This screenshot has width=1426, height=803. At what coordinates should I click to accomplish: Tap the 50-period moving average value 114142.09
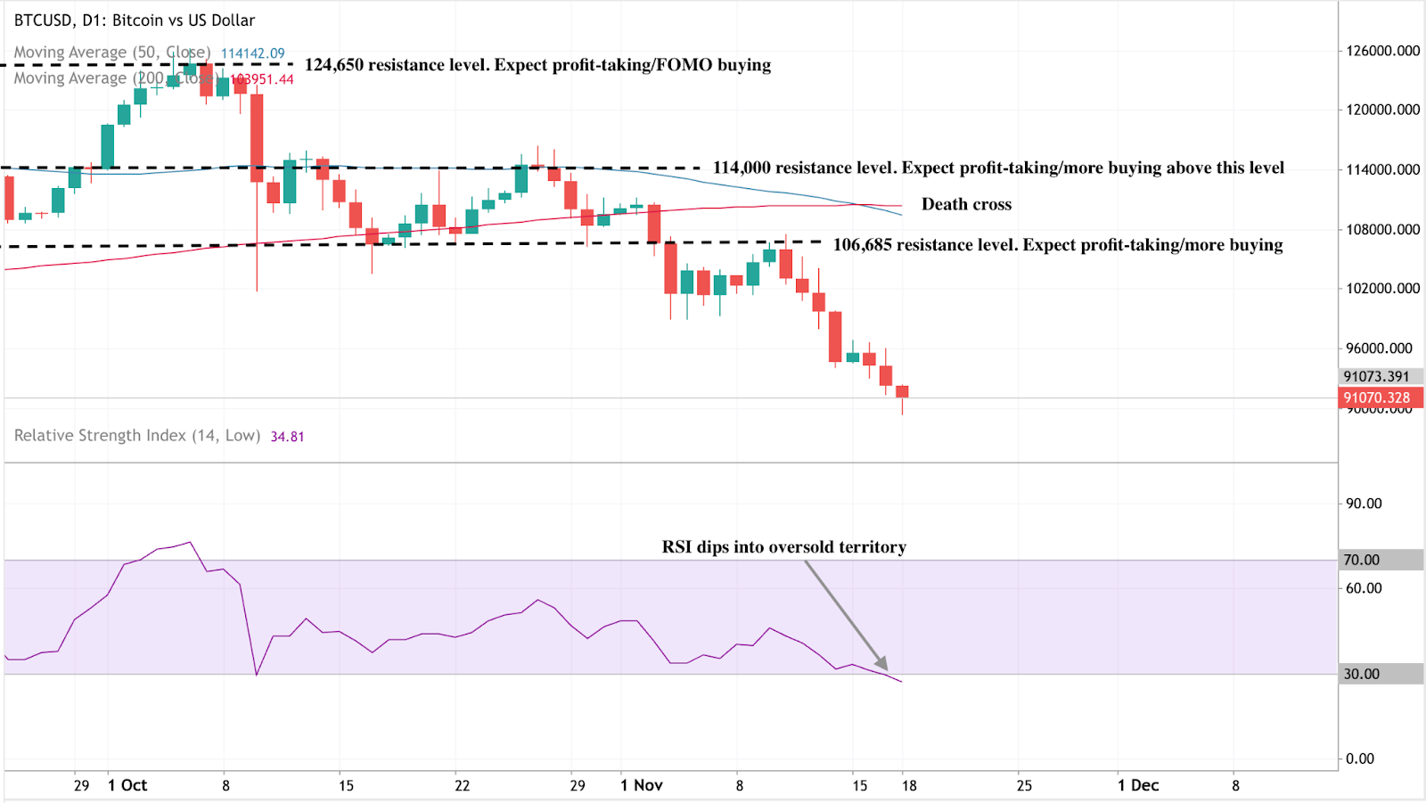click(252, 53)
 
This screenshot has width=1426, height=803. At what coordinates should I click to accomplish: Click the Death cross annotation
click(966, 204)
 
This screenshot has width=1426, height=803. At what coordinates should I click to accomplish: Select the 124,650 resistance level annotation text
click(537, 65)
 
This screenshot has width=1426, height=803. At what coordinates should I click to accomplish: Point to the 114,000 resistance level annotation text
click(998, 168)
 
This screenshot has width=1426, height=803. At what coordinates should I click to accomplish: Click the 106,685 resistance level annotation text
click(1058, 245)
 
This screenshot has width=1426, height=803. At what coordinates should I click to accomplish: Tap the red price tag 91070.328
click(1378, 398)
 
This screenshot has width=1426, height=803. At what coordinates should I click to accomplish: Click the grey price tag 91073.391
click(1378, 377)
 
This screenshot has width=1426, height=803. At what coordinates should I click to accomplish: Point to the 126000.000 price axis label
click(1382, 51)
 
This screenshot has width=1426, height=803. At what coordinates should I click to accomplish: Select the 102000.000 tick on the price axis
click(1382, 289)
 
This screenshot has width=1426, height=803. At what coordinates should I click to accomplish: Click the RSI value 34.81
click(287, 437)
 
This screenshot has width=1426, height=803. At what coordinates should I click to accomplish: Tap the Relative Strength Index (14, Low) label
click(137, 436)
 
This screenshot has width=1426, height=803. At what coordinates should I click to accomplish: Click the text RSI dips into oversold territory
click(783, 547)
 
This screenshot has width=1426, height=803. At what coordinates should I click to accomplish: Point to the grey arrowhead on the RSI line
click(882, 664)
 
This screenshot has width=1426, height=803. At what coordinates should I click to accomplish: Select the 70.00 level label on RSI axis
click(1362, 560)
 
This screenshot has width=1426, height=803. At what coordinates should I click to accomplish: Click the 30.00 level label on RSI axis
click(1362, 674)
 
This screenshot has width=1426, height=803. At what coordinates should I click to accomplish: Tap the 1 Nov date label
click(642, 785)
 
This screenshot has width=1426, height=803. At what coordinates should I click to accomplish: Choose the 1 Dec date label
click(1138, 785)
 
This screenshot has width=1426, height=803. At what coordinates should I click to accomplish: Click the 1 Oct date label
click(127, 785)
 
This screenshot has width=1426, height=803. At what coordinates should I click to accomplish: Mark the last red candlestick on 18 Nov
click(903, 391)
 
